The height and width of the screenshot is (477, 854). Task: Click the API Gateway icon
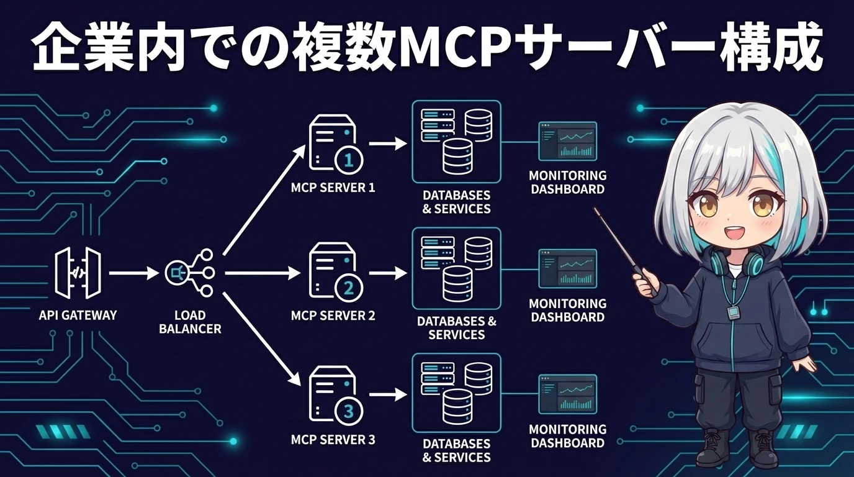coord(77,273)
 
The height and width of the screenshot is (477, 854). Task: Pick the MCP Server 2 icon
coord(333,273)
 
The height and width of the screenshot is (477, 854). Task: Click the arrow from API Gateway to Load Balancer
coord(133,273)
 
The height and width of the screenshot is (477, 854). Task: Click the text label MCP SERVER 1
coord(333,187)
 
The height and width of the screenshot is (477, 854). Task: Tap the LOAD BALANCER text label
coord(190,322)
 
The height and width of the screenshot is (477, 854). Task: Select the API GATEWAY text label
coord(78,316)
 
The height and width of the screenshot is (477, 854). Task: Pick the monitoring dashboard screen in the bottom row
coord(567,394)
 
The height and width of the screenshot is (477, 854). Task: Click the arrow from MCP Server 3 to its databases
coord(388,394)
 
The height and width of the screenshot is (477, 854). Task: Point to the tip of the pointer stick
coord(596,209)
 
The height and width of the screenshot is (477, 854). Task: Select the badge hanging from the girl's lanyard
coord(732,311)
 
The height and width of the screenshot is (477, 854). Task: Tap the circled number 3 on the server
coord(348,411)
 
